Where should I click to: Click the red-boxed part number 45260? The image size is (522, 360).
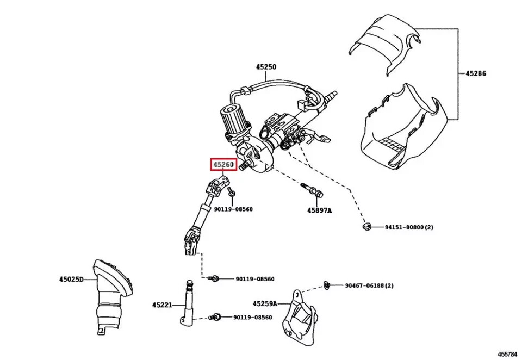coord(223,164)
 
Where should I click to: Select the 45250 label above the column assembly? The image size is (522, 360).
coord(266,67)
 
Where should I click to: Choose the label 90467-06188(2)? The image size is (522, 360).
coord(369,285)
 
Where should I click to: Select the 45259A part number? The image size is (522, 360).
coord(265,303)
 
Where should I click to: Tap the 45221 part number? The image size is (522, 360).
coord(162,306)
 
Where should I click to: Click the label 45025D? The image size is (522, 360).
coord(72,280)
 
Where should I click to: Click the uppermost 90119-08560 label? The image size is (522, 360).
coord(233,209)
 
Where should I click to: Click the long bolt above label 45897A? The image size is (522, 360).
coord(310,190)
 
